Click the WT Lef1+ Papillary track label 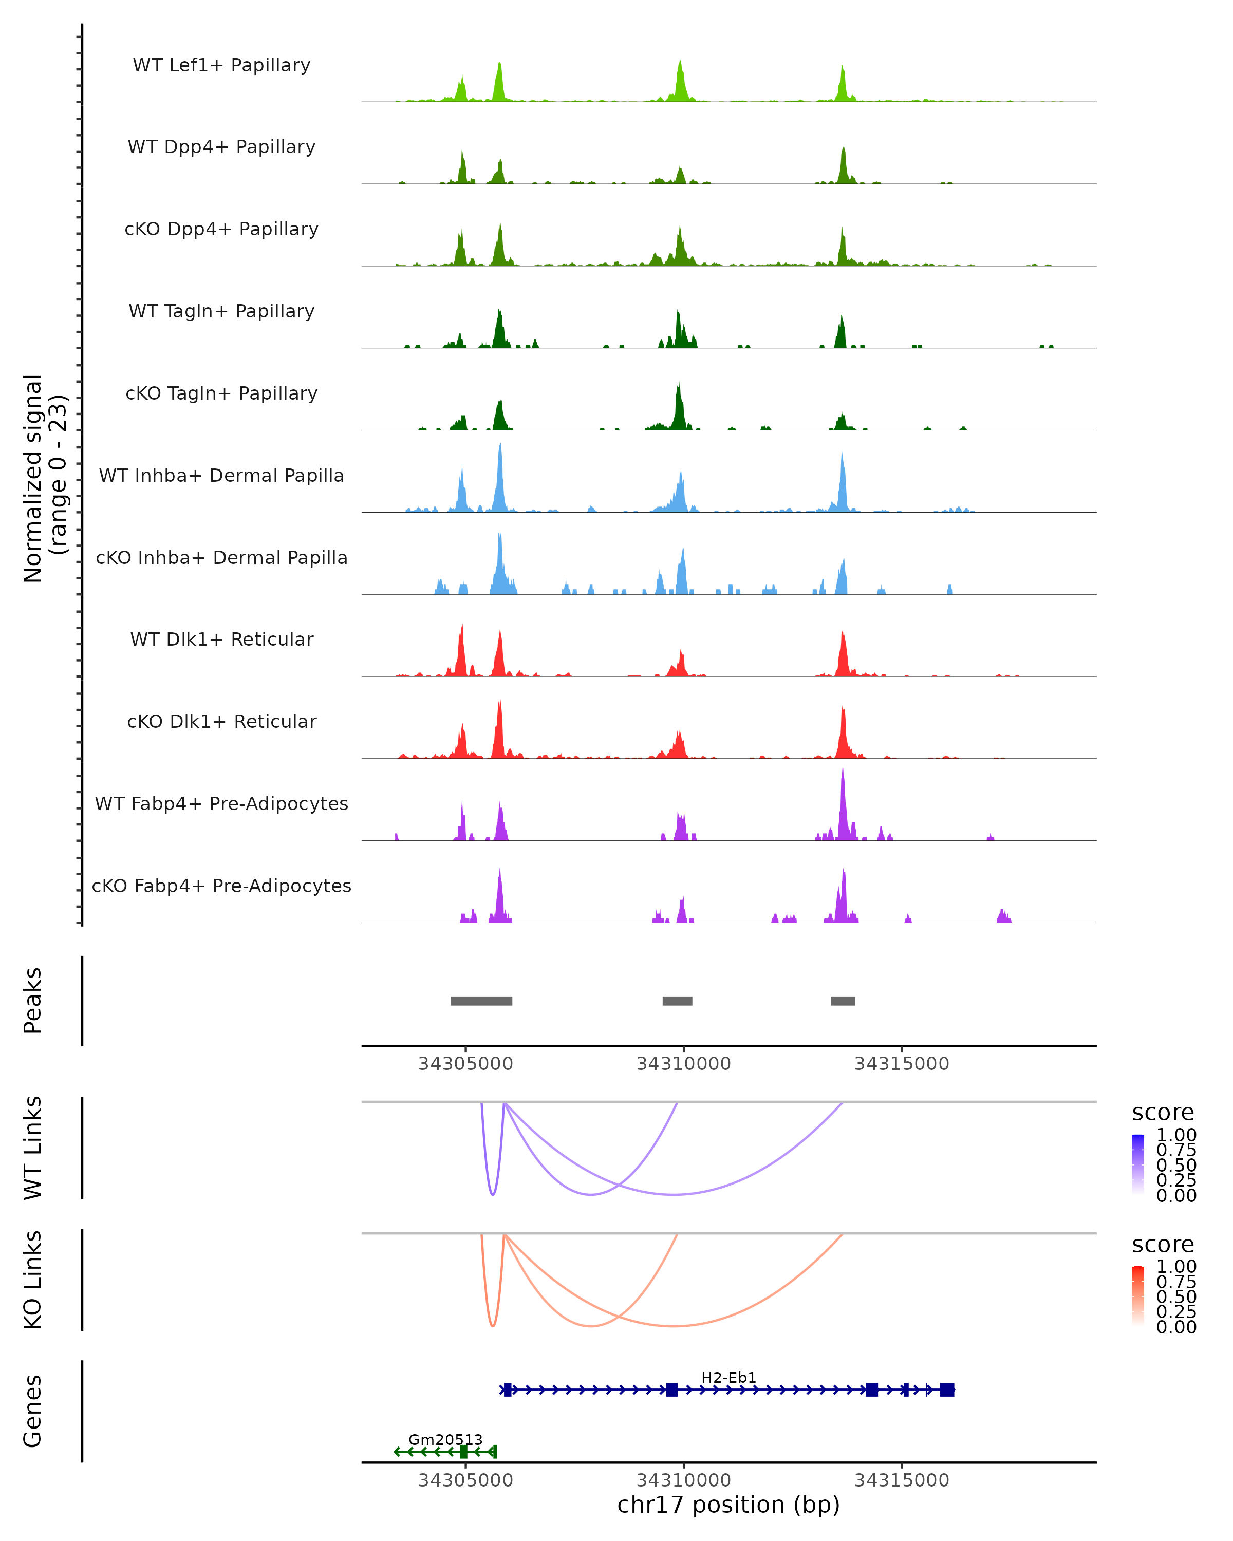[221, 65]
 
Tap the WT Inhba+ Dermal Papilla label [221, 475]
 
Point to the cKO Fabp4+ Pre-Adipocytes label [221, 886]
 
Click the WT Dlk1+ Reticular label [221, 639]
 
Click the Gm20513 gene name [445, 1439]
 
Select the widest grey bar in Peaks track [481, 1001]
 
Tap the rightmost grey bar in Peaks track [843, 1001]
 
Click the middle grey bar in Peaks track [677, 1001]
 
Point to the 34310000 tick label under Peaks [683, 1064]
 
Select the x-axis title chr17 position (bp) [728, 1505]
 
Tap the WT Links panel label [33, 1148]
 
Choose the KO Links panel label [33, 1280]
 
